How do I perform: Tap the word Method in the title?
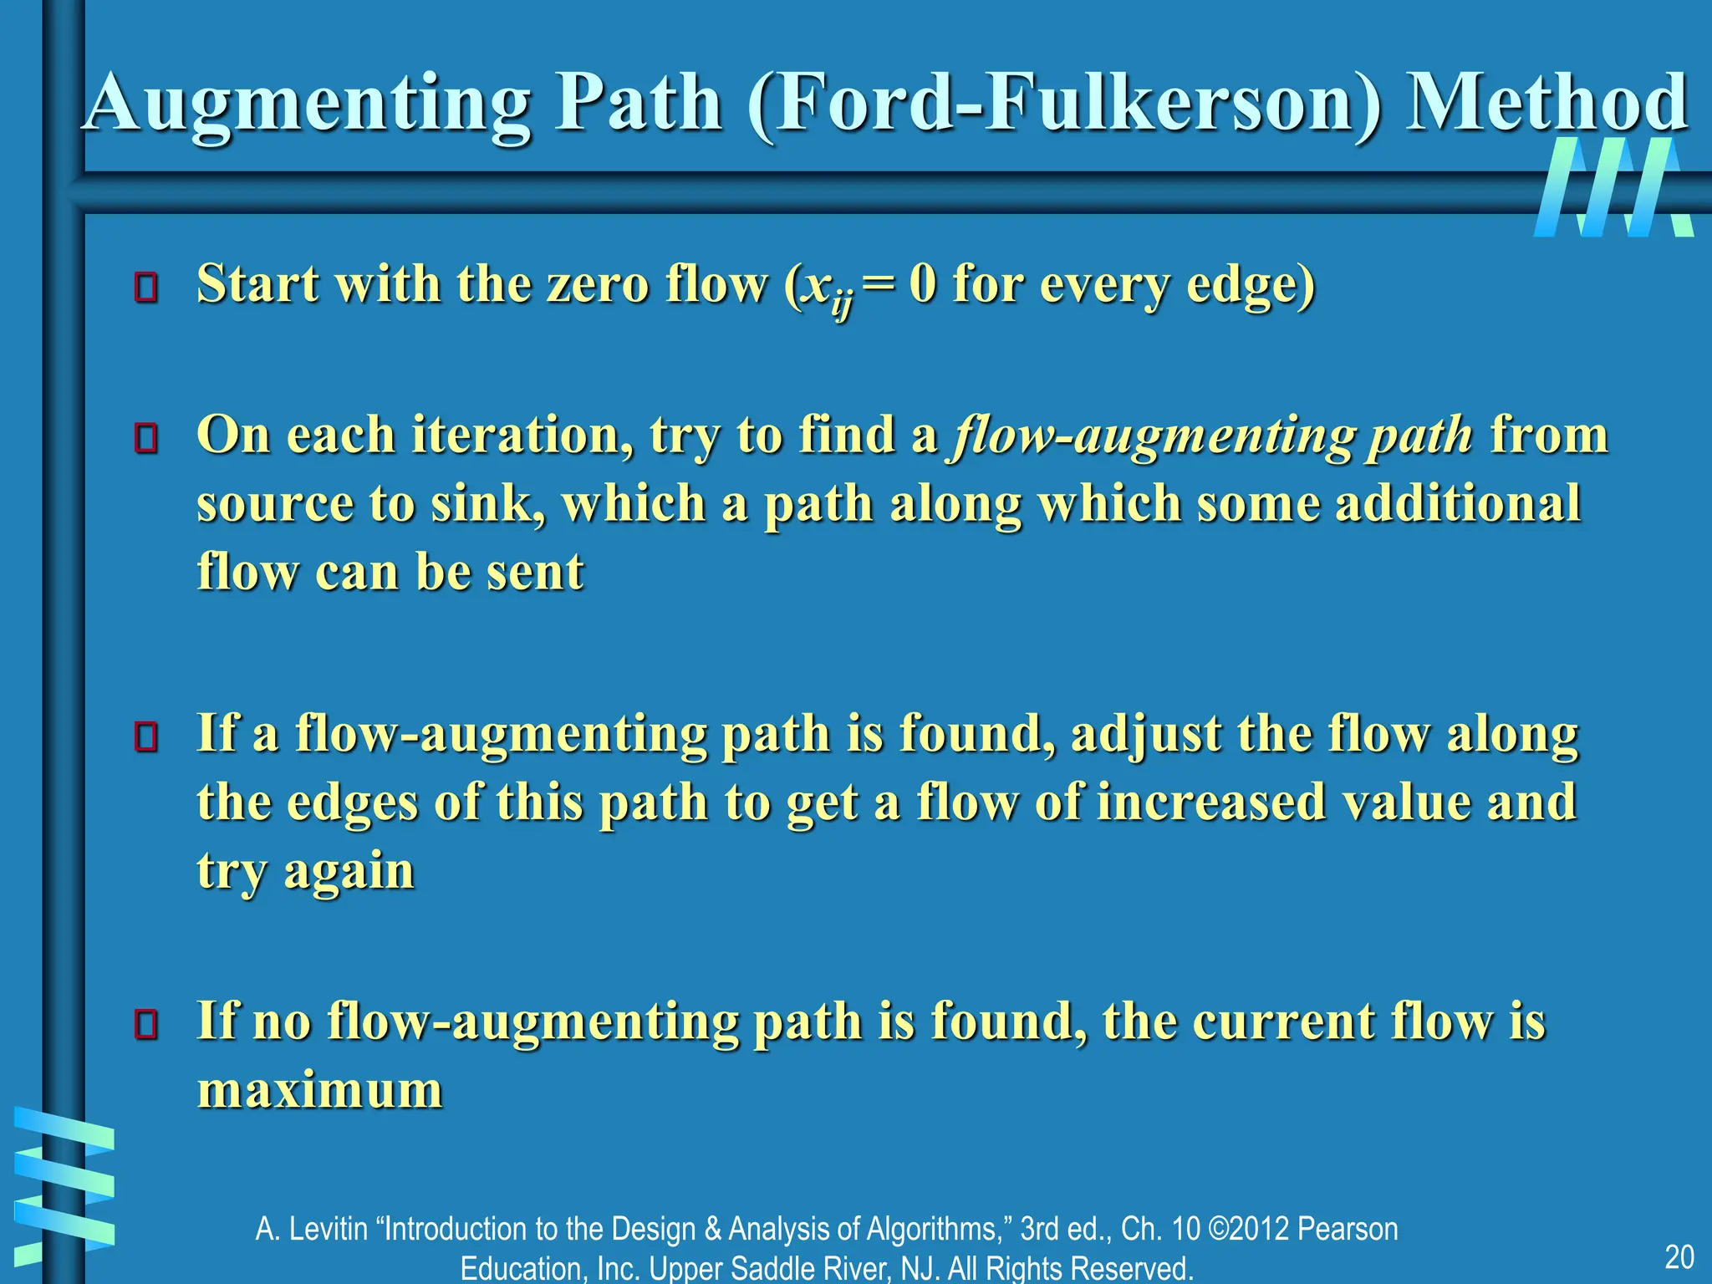click(x=1546, y=104)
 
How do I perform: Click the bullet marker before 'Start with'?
click(x=146, y=287)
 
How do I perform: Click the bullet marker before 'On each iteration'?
click(x=146, y=438)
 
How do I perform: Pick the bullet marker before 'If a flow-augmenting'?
click(x=146, y=736)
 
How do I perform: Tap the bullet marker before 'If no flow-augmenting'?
click(x=146, y=1024)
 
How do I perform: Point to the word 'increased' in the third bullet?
click(x=1211, y=802)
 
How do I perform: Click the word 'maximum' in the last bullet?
click(x=320, y=1091)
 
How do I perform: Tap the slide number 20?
click(x=1679, y=1257)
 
